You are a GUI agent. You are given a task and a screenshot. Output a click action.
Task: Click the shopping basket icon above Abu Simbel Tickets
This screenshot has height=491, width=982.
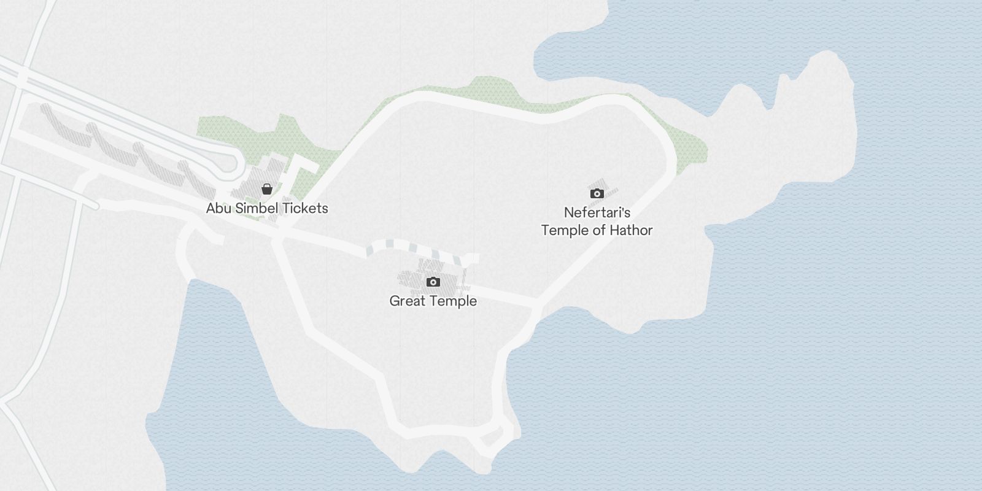click(266, 189)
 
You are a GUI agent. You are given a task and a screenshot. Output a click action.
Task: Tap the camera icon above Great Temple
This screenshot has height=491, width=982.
click(433, 282)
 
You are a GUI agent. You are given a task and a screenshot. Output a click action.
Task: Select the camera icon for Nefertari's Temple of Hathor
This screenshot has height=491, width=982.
click(597, 194)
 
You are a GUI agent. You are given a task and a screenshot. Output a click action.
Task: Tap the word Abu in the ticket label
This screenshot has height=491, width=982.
click(218, 208)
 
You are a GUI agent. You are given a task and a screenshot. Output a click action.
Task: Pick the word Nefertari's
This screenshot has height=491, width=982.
click(597, 212)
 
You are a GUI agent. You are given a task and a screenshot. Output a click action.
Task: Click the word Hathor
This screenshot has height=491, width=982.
click(630, 230)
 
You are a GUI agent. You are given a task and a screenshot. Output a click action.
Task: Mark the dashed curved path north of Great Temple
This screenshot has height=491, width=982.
click(405, 247)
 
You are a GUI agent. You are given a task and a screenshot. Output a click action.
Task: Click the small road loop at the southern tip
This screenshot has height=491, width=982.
click(495, 436)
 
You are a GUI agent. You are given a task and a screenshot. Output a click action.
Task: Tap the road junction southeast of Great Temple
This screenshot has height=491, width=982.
click(536, 305)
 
